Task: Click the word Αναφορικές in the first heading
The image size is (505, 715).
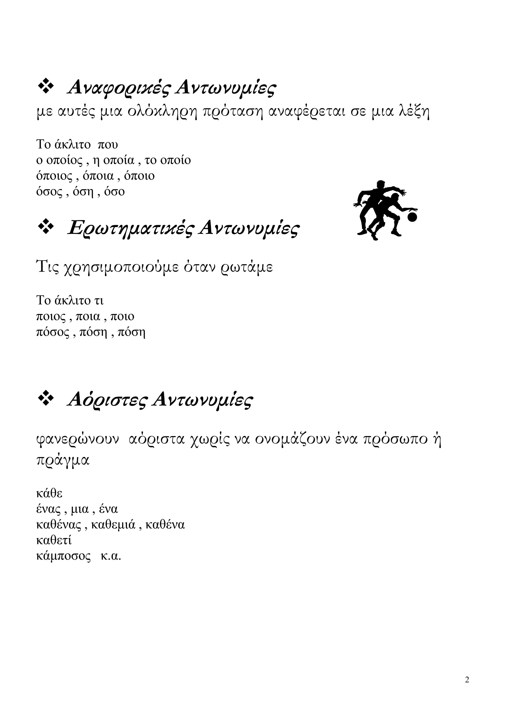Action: pos(119,88)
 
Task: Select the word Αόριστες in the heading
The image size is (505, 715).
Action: pos(107,401)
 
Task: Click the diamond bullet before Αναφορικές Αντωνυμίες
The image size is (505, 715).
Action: pos(45,86)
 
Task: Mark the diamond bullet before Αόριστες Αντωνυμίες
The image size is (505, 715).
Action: pos(45,398)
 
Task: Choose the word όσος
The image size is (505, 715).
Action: pos(50,192)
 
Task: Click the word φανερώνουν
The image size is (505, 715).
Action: pos(78,439)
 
